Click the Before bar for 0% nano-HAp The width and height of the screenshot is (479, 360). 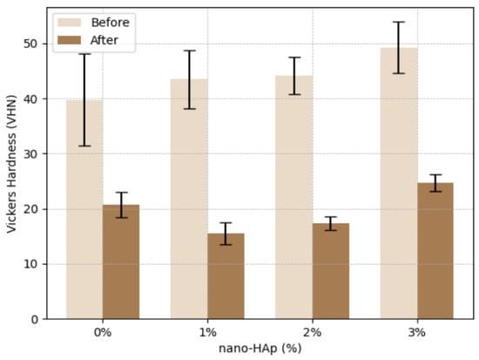[84, 210]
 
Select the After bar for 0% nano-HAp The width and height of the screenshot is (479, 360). [121, 262]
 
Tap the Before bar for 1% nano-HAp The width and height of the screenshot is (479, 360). [189, 199]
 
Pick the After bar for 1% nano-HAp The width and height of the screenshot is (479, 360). [226, 276]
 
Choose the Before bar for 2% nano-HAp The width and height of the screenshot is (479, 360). [293, 197]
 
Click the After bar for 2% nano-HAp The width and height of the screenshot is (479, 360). [331, 271]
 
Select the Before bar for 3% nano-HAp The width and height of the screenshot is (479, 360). [399, 184]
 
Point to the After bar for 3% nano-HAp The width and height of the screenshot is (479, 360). [435, 251]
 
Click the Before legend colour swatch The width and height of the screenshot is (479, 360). [70, 23]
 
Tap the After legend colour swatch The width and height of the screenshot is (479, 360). [70, 40]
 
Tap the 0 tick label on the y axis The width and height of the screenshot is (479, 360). [35, 319]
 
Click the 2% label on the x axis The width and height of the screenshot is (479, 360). [312, 332]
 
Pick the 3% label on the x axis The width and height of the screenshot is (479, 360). [417, 332]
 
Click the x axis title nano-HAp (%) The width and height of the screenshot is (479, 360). [260, 349]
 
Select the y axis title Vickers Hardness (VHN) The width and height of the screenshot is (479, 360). [11, 164]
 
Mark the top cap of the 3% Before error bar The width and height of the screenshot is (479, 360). [399, 22]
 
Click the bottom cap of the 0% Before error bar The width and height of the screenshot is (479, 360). [84, 146]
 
